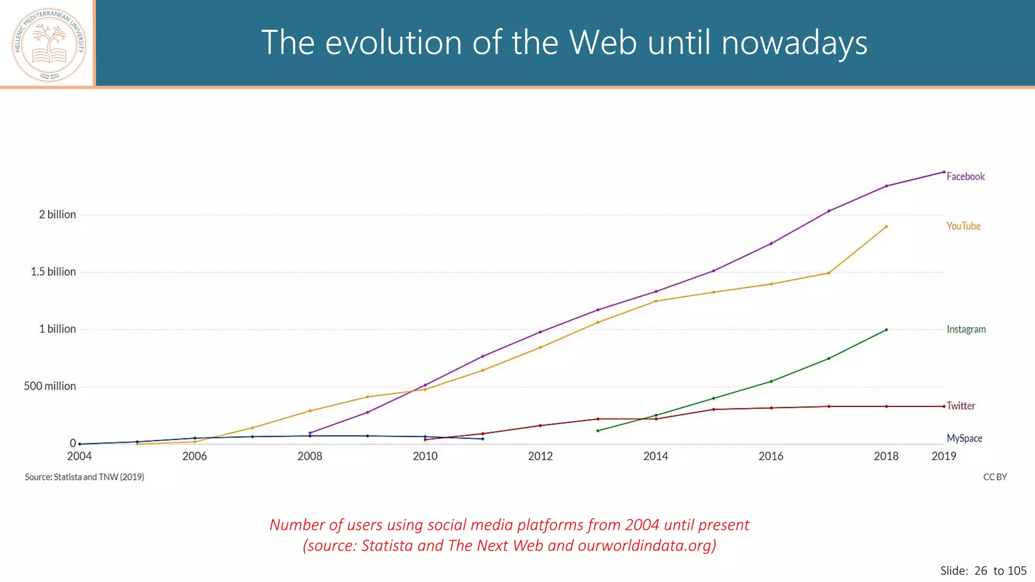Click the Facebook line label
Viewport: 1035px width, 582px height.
tap(965, 176)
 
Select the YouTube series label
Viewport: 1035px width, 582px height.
tap(963, 226)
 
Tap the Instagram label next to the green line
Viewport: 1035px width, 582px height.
tap(966, 329)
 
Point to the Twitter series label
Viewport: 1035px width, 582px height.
tap(961, 406)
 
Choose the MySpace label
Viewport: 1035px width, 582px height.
tap(964, 438)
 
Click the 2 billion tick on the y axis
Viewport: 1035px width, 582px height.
tap(57, 215)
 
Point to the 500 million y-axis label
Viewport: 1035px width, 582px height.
tap(50, 386)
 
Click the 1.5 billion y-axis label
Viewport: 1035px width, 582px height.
tap(53, 272)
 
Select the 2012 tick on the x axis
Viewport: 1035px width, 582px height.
tap(540, 456)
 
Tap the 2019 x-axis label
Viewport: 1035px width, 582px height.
tap(944, 456)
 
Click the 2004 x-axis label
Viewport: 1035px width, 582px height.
tap(79, 456)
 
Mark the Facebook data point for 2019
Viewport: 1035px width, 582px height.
tap(944, 172)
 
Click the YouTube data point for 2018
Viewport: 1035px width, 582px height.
tap(886, 226)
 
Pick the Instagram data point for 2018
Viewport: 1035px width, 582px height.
tap(886, 330)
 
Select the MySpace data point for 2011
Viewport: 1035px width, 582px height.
tap(483, 439)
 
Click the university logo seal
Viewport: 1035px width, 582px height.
tap(49, 44)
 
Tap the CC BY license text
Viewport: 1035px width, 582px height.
tap(995, 477)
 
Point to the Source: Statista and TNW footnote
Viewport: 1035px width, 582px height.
tap(84, 477)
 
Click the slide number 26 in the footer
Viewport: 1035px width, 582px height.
tap(980, 571)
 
